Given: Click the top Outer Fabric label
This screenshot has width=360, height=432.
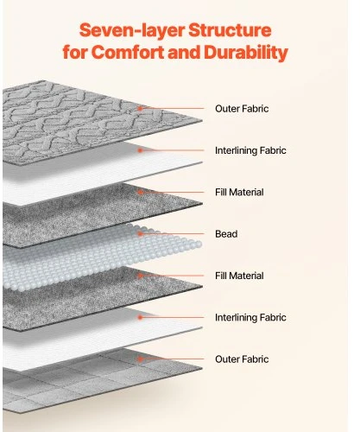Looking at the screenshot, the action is (x=242, y=109).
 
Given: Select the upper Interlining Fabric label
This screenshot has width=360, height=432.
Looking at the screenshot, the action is (x=250, y=150).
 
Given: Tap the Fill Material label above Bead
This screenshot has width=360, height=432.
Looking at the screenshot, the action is (x=239, y=192).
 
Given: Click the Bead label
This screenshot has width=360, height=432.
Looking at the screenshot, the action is (x=226, y=234).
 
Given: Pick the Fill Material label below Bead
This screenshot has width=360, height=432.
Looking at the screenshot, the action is (x=239, y=276).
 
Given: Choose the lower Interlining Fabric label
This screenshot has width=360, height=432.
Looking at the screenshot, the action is (x=250, y=317).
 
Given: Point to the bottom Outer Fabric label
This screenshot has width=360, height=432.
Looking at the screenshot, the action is (x=242, y=359).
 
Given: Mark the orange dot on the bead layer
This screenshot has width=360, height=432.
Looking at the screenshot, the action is (x=140, y=234).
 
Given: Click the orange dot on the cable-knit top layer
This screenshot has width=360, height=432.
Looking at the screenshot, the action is (x=140, y=109).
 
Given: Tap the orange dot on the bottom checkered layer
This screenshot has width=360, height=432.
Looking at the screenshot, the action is (x=140, y=359).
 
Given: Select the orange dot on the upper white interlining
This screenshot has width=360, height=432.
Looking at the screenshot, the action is (x=140, y=150).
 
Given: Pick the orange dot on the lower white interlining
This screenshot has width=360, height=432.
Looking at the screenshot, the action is (x=140, y=317).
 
